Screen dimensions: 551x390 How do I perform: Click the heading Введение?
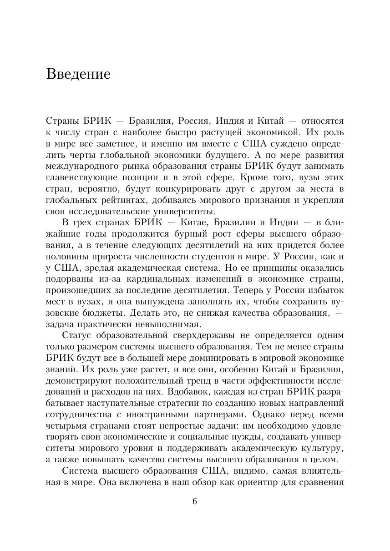tap(78, 74)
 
